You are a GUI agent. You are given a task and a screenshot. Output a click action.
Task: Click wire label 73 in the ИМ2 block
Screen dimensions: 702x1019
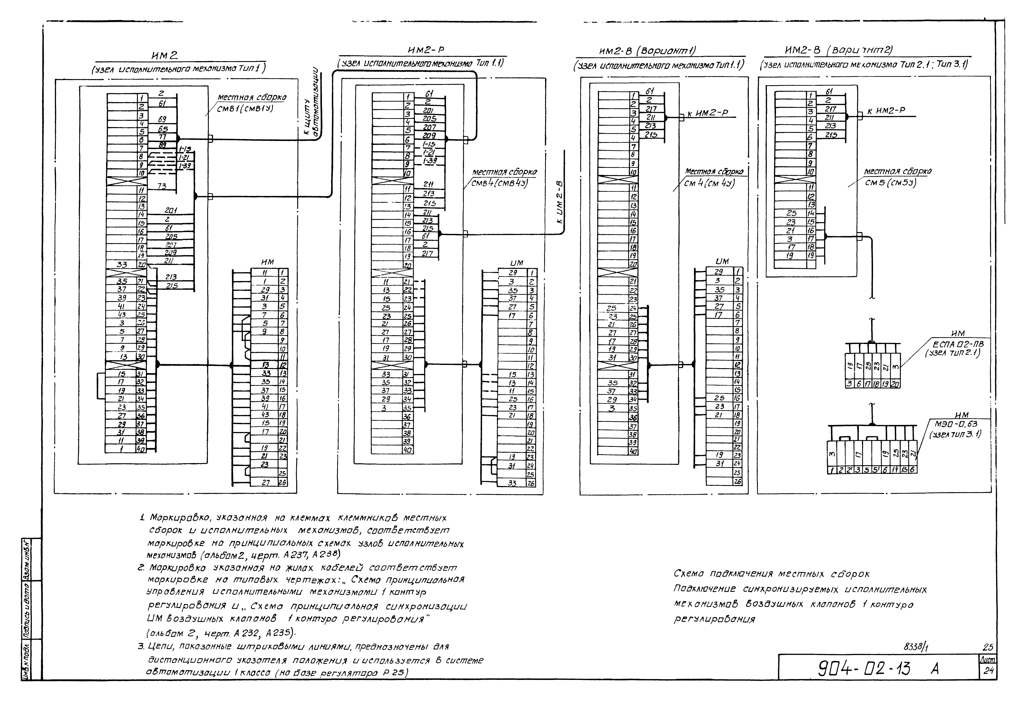(162, 186)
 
